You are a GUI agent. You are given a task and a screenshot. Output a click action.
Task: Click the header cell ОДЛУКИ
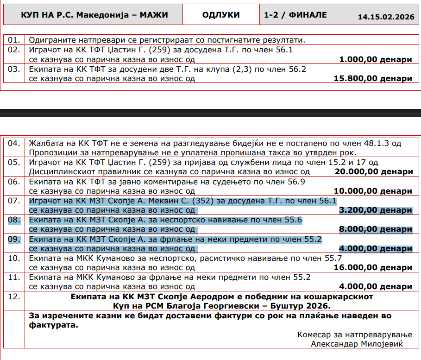point(221,15)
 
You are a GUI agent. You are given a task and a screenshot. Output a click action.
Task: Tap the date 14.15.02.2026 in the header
point(386,17)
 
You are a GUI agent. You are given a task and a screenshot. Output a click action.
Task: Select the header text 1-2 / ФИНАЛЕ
point(295,15)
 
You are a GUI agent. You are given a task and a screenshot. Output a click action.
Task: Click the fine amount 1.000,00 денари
point(375,59)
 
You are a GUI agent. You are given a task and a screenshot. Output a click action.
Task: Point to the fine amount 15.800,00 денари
point(372,78)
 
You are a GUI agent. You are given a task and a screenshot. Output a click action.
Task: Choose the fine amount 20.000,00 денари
point(373,172)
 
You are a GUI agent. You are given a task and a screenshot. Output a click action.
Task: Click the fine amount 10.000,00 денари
point(373,191)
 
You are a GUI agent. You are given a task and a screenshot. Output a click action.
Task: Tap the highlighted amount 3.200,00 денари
point(375,210)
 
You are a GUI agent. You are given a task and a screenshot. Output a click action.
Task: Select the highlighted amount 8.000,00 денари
point(375,229)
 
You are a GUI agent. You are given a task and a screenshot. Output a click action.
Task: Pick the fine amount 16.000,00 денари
point(373,267)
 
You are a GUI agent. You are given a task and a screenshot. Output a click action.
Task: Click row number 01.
point(14,40)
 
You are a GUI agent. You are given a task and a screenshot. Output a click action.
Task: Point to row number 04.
point(14,143)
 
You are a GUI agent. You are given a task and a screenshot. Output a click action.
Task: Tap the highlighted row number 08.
point(14,220)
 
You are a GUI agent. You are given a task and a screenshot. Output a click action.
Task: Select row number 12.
point(14,296)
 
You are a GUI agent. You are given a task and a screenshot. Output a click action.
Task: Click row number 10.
point(14,258)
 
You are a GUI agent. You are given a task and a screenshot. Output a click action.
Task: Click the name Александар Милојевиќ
point(357,344)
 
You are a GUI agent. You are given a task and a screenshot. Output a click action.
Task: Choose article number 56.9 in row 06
point(296,182)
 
